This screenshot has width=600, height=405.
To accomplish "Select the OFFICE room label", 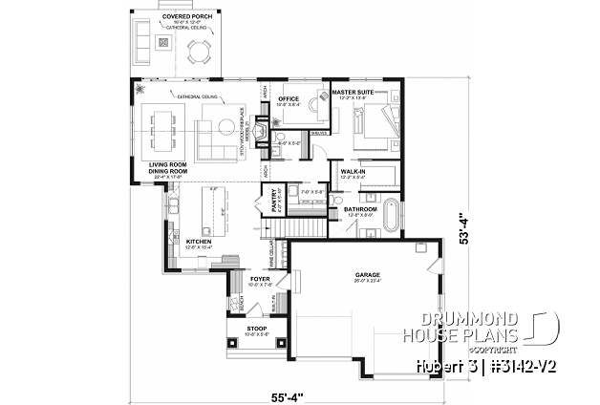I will coord(289,98).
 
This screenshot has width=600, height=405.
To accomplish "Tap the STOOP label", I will coord(235,329).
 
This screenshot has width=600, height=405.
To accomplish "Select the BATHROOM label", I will coord(360,208).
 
